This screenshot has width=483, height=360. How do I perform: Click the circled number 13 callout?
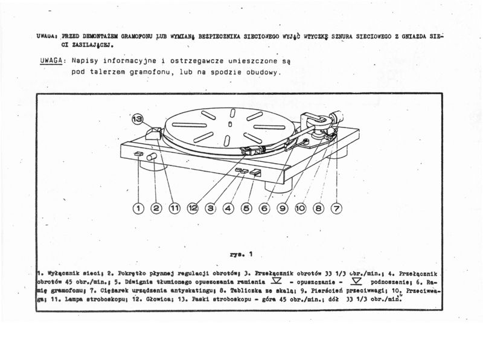pos(138,120)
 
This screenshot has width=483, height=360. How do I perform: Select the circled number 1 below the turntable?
pos(138,208)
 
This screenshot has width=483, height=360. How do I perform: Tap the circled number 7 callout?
pos(336,208)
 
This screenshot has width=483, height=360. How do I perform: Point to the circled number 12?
pos(193,208)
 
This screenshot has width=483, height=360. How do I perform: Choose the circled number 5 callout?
pos(246,208)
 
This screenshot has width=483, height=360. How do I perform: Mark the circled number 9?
pos(283,208)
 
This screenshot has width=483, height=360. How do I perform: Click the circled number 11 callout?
pos(174,208)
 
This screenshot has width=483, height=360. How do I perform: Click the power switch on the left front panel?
pos(138,155)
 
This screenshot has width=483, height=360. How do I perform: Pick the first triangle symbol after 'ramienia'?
pos(277,282)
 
